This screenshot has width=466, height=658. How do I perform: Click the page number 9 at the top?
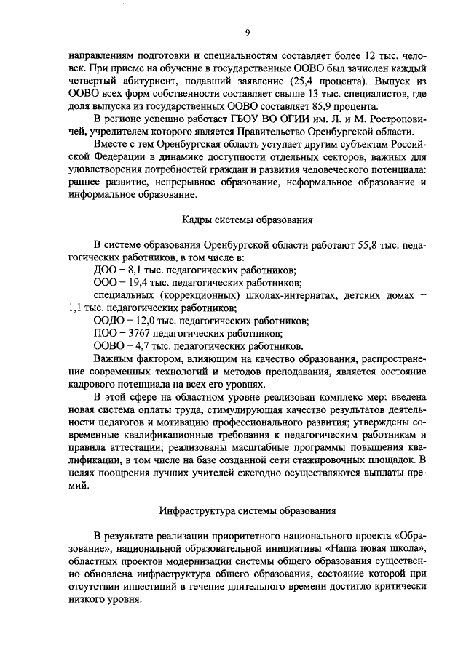[x=247, y=33]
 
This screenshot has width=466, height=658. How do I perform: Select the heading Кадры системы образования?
[x=247, y=219]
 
